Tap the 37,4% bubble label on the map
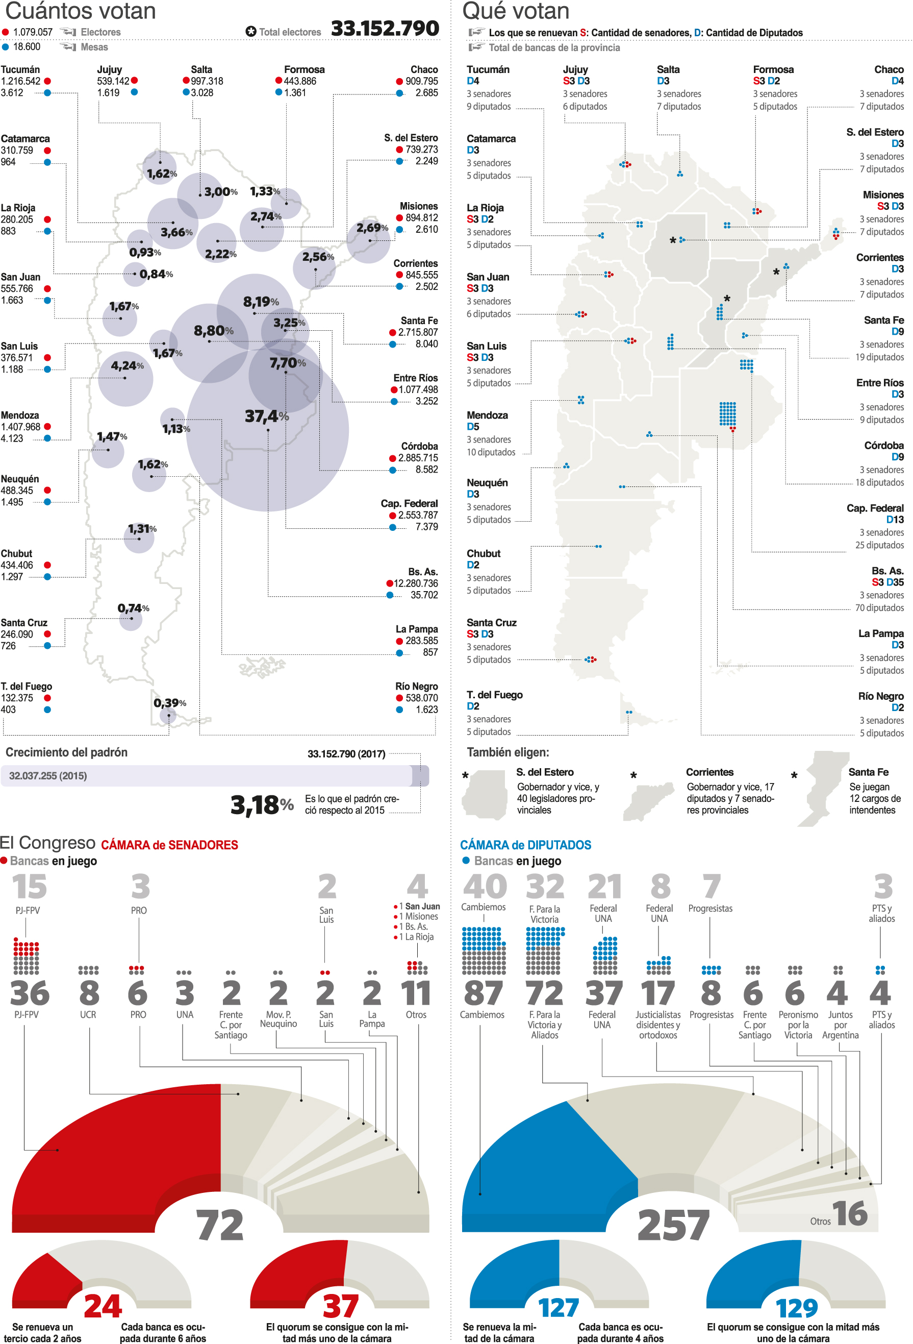(x=266, y=417)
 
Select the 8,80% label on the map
(x=213, y=331)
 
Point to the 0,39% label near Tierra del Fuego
(x=169, y=703)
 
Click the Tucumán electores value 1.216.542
(x=21, y=82)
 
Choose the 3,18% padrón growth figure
(x=262, y=804)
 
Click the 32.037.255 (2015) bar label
(x=48, y=776)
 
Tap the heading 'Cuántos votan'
(x=80, y=11)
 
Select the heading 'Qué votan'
(x=516, y=11)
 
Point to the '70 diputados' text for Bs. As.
(x=879, y=608)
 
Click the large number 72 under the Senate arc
(x=220, y=1226)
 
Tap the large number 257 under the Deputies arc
(x=673, y=1226)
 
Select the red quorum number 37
(x=340, y=1307)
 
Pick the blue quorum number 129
(x=796, y=1308)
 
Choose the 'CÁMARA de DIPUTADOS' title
(x=525, y=845)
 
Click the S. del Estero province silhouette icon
(x=484, y=795)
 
